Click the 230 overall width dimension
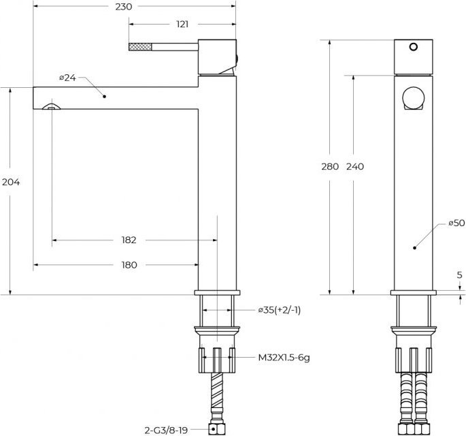(124, 7)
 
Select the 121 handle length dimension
(182, 24)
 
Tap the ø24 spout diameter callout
(68, 78)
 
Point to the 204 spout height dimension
(11, 182)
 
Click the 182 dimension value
(129, 240)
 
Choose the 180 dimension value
(129, 265)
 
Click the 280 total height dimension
(330, 166)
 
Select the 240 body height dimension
(355, 166)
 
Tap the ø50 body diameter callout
(456, 223)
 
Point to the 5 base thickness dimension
(460, 275)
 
